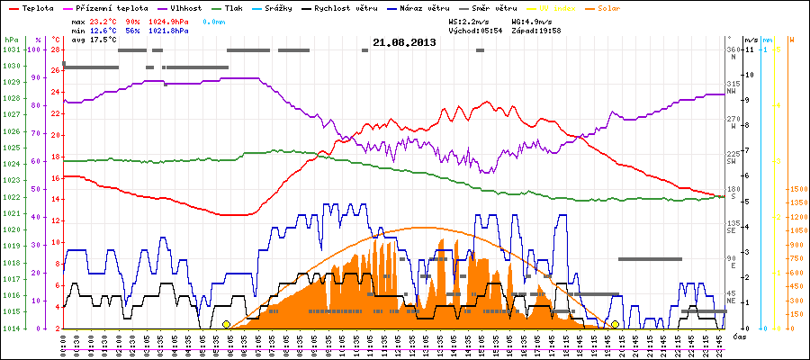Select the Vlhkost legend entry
pyautogui.click(x=185, y=7)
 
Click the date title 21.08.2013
pyautogui.click(x=404, y=42)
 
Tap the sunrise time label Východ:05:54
pyautogui.click(x=474, y=29)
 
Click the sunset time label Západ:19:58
pyautogui.click(x=536, y=29)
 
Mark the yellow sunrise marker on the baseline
pyautogui.click(x=226, y=325)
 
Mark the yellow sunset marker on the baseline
pyautogui.click(x=615, y=325)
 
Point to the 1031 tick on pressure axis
pyautogui.click(x=11, y=49)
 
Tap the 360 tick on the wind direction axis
pyautogui.click(x=732, y=49)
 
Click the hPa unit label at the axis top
pyautogui.click(x=11, y=40)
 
